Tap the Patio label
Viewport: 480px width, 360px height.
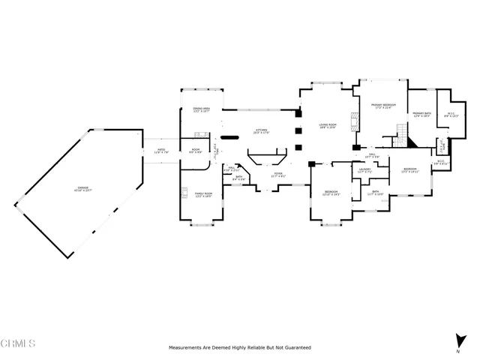point(160,151)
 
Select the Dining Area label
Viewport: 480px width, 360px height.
point(202,109)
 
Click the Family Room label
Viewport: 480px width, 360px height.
point(204,195)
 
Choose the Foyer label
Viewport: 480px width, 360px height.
point(278,175)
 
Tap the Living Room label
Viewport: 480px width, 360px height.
point(327,125)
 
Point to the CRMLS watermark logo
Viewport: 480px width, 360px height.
point(18,344)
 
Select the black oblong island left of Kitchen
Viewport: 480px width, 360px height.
point(231,136)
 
